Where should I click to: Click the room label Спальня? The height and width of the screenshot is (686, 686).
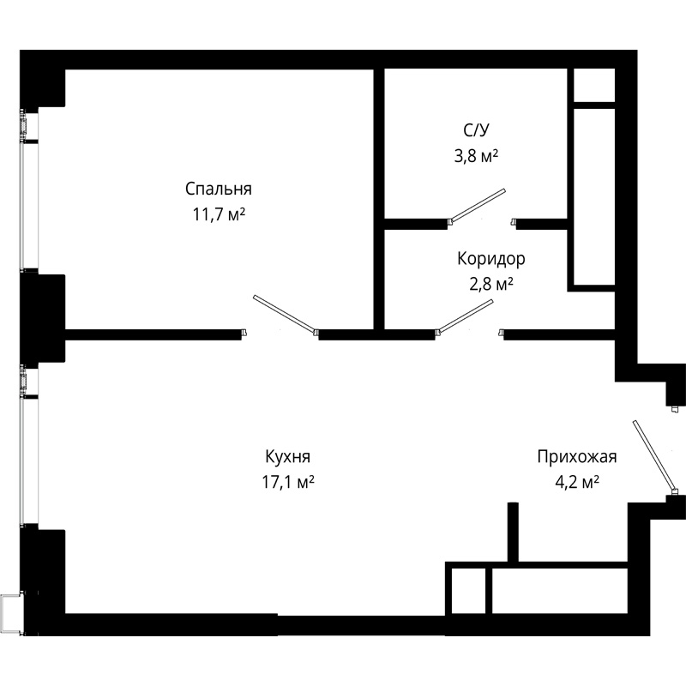pyautogui.click(x=219, y=189)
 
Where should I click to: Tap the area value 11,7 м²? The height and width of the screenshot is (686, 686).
pyautogui.click(x=219, y=214)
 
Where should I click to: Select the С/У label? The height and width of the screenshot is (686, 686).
pyautogui.click(x=476, y=130)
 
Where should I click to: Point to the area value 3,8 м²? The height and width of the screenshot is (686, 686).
pyautogui.click(x=476, y=155)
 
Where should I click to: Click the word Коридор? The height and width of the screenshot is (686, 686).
pyautogui.click(x=490, y=259)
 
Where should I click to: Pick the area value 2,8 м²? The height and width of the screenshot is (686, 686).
pyautogui.click(x=490, y=284)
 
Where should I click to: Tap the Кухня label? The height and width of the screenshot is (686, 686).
pyautogui.click(x=287, y=457)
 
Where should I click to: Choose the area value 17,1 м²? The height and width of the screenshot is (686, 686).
pyautogui.click(x=288, y=482)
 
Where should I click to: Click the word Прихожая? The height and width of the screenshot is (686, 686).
pyautogui.click(x=577, y=457)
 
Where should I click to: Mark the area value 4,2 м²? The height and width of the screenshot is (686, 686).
pyautogui.click(x=577, y=482)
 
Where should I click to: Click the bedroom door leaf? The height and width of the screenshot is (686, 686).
pyautogui.click(x=285, y=313)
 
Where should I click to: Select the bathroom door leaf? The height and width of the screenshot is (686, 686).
pyautogui.click(x=478, y=205)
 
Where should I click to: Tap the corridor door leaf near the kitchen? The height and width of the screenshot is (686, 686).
pyautogui.click(x=466, y=316)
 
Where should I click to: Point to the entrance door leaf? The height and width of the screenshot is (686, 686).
pyautogui.click(x=654, y=456)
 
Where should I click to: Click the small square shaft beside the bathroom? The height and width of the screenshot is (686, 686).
pyautogui.click(x=593, y=85)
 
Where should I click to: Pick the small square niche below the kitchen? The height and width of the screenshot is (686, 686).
pyautogui.click(x=468, y=591)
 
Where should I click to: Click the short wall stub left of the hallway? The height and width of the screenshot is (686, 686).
pyautogui.click(x=513, y=532)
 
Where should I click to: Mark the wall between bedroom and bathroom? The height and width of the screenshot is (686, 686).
pyautogui.click(x=379, y=199)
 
